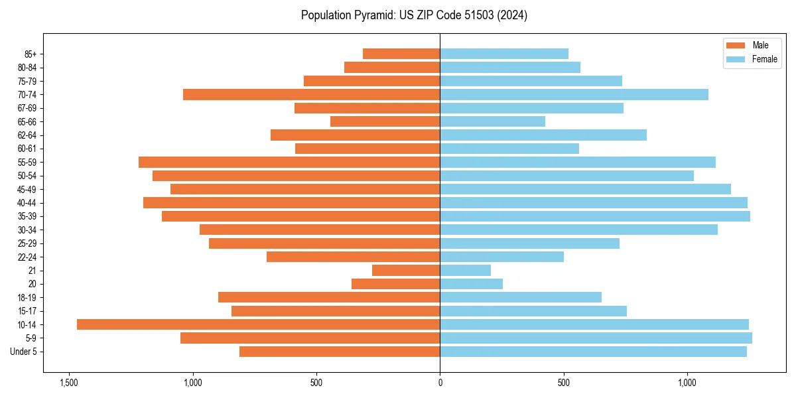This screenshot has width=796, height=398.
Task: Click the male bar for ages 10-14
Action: coord(258,324)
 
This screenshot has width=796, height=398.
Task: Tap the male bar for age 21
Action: coord(406,270)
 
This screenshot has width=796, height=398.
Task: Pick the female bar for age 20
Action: coord(471,284)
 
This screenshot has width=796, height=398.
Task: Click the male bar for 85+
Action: coord(401,54)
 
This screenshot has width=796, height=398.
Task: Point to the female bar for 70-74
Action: coord(574,94)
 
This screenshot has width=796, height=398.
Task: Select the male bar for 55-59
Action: coord(289,162)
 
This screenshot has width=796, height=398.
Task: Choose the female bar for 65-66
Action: coord(492,121)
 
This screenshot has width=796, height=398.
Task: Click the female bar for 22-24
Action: coord(501,257)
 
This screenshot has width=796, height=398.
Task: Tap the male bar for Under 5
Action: coord(340,352)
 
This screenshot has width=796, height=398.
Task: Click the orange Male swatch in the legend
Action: coord(736,45)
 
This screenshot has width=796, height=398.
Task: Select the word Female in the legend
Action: coord(764,59)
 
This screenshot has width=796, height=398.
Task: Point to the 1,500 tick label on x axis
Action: coord(68,383)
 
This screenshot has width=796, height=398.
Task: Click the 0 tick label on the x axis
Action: coord(440,383)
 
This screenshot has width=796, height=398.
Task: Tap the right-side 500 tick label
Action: coord(564,383)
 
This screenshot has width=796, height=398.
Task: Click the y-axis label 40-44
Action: coord(27,203)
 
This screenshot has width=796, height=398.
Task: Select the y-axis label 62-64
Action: coord(27,135)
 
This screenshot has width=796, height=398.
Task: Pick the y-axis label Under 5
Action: coord(24,352)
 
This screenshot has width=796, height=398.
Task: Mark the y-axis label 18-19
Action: coord(27,297)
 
